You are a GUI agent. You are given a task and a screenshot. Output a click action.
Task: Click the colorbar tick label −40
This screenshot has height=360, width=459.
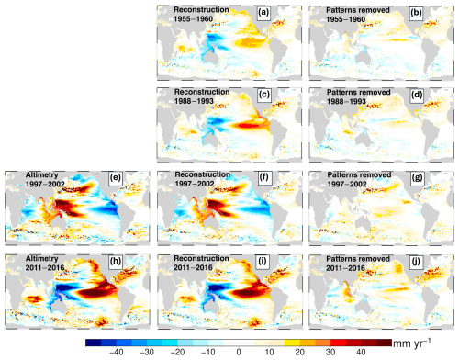(116, 352)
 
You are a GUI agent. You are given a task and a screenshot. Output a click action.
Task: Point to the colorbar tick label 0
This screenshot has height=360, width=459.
(238, 352)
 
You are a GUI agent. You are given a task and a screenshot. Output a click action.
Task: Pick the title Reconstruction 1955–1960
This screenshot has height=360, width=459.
(197, 14)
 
